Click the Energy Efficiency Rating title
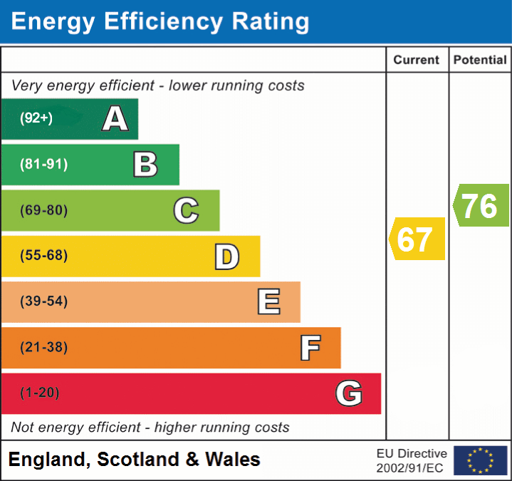pyautogui.click(x=160, y=22)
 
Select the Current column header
pyautogui.click(x=417, y=61)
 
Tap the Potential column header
pyautogui.click(x=480, y=61)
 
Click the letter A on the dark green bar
pyautogui.click(x=115, y=119)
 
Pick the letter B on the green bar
pyautogui.click(x=145, y=165)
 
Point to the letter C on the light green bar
pyautogui.click(x=186, y=211)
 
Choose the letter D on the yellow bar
pyautogui.click(x=226, y=257)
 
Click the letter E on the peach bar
pyautogui.click(x=268, y=302)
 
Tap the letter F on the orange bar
pyautogui.click(x=310, y=348)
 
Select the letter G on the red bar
pyautogui.click(x=349, y=393)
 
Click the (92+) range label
pyautogui.click(x=36, y=119)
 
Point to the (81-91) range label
pyautogui.click(x=44, y=165)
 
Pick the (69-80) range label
pyautogui.click(x=44, y=211)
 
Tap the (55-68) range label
pyautogui.click(x=44, y=256)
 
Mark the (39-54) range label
pyautogui.click(x=44, y=301)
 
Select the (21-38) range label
pyautogui.click(x=44, y=348)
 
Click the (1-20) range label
pyautogui.click(x=40, y=393)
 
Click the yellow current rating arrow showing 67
pyautogui.click(x=417, y=239)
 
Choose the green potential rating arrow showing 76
pyautogui.click(x=481, y=206)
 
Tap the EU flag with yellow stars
pyautogui.click(x=480, y=460)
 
